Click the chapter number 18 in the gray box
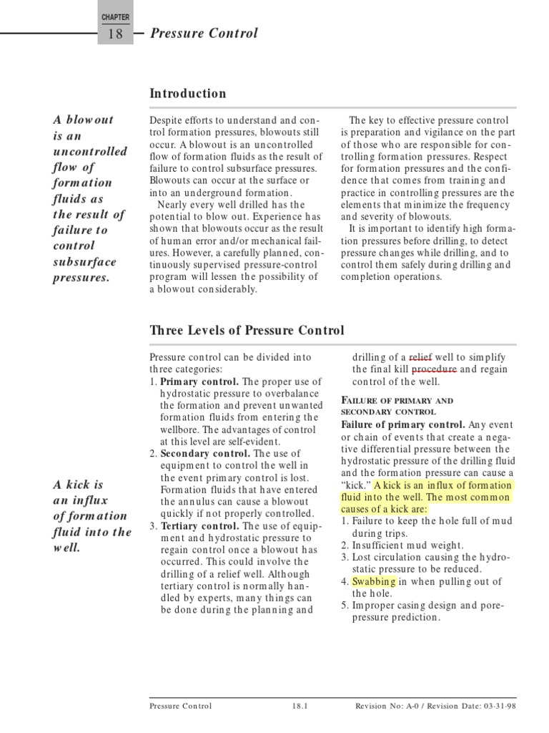(115, 33)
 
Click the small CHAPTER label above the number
(115, 16)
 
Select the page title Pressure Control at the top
(204, 33)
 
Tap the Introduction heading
(187, 94)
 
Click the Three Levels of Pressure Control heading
(247, 331)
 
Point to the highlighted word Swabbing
(373, 581)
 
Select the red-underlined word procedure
(435, 369)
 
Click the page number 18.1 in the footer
(300, 706)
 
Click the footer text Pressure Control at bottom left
(180, 706)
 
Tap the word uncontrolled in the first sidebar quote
(90, 152)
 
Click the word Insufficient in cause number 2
(380, 545)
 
